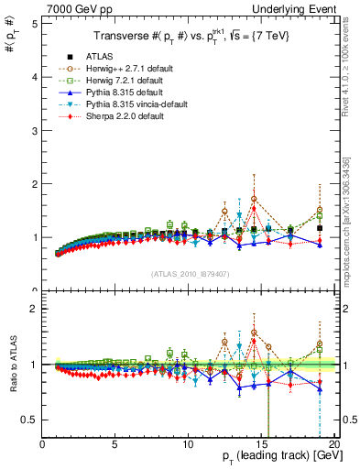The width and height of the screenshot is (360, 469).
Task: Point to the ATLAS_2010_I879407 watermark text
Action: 190,274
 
